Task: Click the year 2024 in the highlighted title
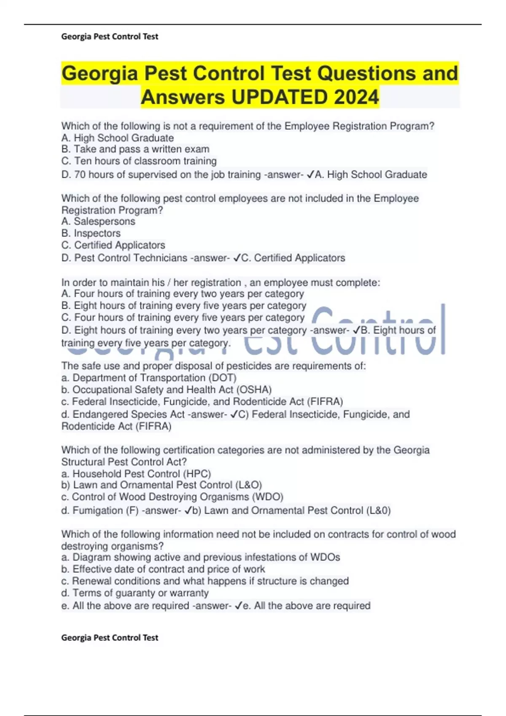[356, 97]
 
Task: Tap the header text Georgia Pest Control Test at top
[110, 37]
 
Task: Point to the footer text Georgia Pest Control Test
[110, 638]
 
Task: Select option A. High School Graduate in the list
[118, 138]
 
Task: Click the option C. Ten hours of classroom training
[139, 161]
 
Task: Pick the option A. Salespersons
[98, 221]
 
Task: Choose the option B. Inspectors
[91, 233]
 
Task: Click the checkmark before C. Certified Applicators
[237, 258]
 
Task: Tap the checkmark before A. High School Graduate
[310, 174]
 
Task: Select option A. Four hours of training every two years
[183, 294]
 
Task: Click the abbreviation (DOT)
[223, 378]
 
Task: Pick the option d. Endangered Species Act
[123, 414]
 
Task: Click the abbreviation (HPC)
[197, 474]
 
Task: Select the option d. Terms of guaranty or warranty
[135, 593]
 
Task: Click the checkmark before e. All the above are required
[238, 606]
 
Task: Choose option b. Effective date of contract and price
[163, 569]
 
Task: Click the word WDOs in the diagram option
[325, 557]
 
